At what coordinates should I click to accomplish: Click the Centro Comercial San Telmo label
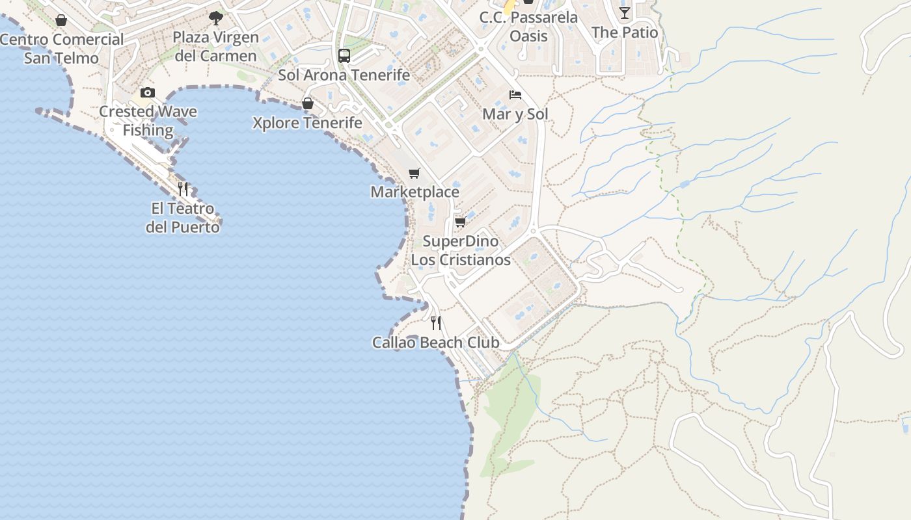(61, 49)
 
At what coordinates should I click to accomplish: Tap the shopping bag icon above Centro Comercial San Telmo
(61, 21)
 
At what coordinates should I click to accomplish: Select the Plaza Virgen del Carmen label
(216, 46)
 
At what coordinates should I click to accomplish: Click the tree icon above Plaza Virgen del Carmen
(216, 18)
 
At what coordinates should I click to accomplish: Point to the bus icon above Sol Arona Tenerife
(344, 55)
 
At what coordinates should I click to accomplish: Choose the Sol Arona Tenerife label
(344, 75)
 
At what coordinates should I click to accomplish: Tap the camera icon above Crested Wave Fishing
(148, 92)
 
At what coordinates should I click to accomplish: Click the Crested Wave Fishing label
(148, 120)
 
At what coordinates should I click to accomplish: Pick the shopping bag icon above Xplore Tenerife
(308, 103)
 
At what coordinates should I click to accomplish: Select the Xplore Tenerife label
(308, 123)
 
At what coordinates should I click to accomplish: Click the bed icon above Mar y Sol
(515, 95)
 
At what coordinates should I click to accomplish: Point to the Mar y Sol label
(515, 114)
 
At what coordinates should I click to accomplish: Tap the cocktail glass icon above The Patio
(625, 13)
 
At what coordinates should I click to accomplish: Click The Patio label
(625, 32)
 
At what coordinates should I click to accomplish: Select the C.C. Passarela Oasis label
(528, 27)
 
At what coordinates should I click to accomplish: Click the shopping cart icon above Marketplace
(415, 173)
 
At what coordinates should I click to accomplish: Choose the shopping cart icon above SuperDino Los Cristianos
(460, 222)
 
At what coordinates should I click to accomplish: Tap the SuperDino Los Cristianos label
(461, 250)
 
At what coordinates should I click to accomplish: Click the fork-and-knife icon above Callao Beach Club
(436, 322)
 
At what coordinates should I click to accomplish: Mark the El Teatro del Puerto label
(182, 218)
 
